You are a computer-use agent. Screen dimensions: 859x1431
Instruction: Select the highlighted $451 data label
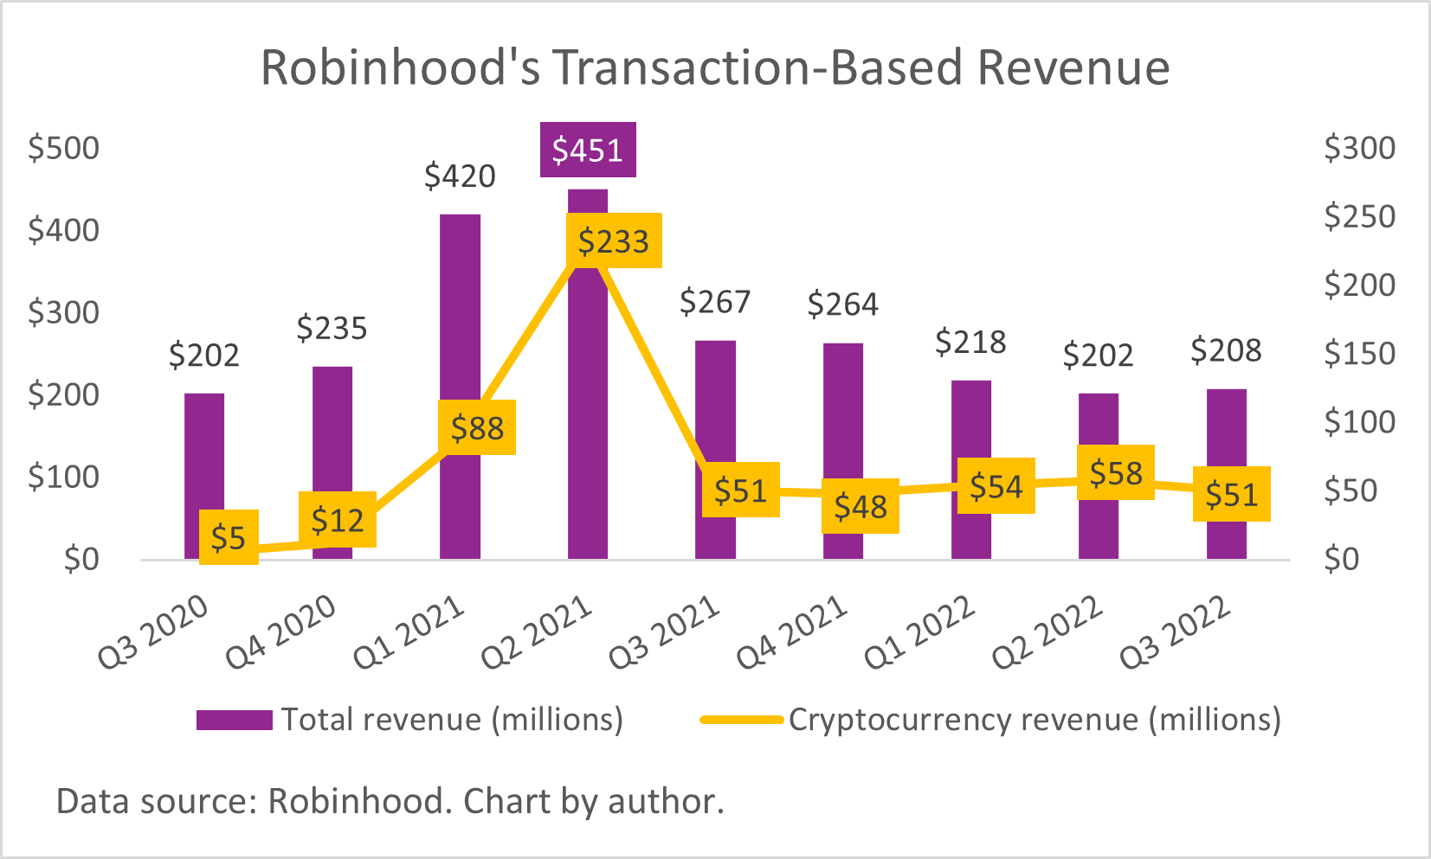[x=588, y=151]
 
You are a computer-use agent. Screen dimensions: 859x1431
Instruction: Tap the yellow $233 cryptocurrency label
[x=614, y=240]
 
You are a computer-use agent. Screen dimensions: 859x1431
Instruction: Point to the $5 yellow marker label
[x=229, y=538]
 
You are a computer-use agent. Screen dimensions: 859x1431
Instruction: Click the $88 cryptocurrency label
[x=477, y=427]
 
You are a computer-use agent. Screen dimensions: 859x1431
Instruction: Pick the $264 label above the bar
[x=842, y=304]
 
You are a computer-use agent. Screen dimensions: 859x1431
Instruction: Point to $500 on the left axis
[x=64, y=148]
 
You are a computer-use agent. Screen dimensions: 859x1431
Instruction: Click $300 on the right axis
[x=1359, y=148]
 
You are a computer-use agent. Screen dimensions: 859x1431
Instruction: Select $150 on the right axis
[x=1359, y=354]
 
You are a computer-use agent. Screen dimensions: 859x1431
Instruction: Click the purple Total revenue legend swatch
[x=234, y=720]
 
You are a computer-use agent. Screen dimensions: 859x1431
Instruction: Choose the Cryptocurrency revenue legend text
[x=1035, y=720]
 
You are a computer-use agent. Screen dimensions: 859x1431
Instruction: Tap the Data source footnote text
[x=390, y=801]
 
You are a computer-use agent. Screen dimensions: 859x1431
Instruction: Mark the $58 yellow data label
[x=1116, y=472]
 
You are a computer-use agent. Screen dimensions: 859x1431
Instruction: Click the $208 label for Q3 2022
[x=1226, y=350]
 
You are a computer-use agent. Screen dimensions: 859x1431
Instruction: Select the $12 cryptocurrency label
[x=338, y=520]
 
